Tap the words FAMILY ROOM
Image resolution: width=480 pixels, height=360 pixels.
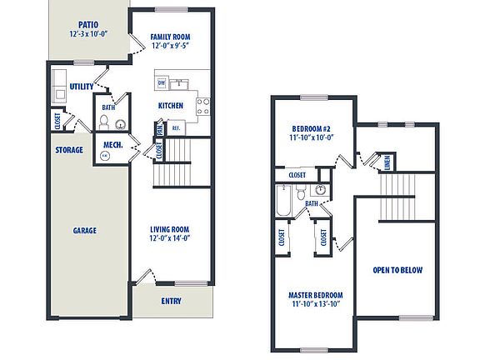click(x=171, y=37)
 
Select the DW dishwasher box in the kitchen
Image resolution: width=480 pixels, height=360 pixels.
click(x=161, y=83)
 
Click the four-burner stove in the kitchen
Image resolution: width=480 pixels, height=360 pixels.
click(x=202, y=106)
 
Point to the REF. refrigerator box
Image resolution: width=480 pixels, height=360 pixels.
click(x=176, y=128)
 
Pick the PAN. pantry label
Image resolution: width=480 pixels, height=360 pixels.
click(x=159, y=130)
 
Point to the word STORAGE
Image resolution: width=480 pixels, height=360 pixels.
click(x=69, y=150)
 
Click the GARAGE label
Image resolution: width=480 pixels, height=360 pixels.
click(x=84, y=231)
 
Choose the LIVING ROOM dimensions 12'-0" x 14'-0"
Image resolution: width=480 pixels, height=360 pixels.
click(x=170, y=239)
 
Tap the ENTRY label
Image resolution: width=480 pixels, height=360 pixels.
click(x=171, y=302)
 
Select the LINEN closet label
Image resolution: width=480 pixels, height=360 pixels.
click(x=387, y=163)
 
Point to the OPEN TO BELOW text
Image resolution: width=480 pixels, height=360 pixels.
click(x=397, y=270)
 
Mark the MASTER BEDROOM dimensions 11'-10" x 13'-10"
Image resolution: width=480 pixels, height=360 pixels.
click(x=315, y=305)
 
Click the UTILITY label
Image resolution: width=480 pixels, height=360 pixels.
click(x=82, y=87)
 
